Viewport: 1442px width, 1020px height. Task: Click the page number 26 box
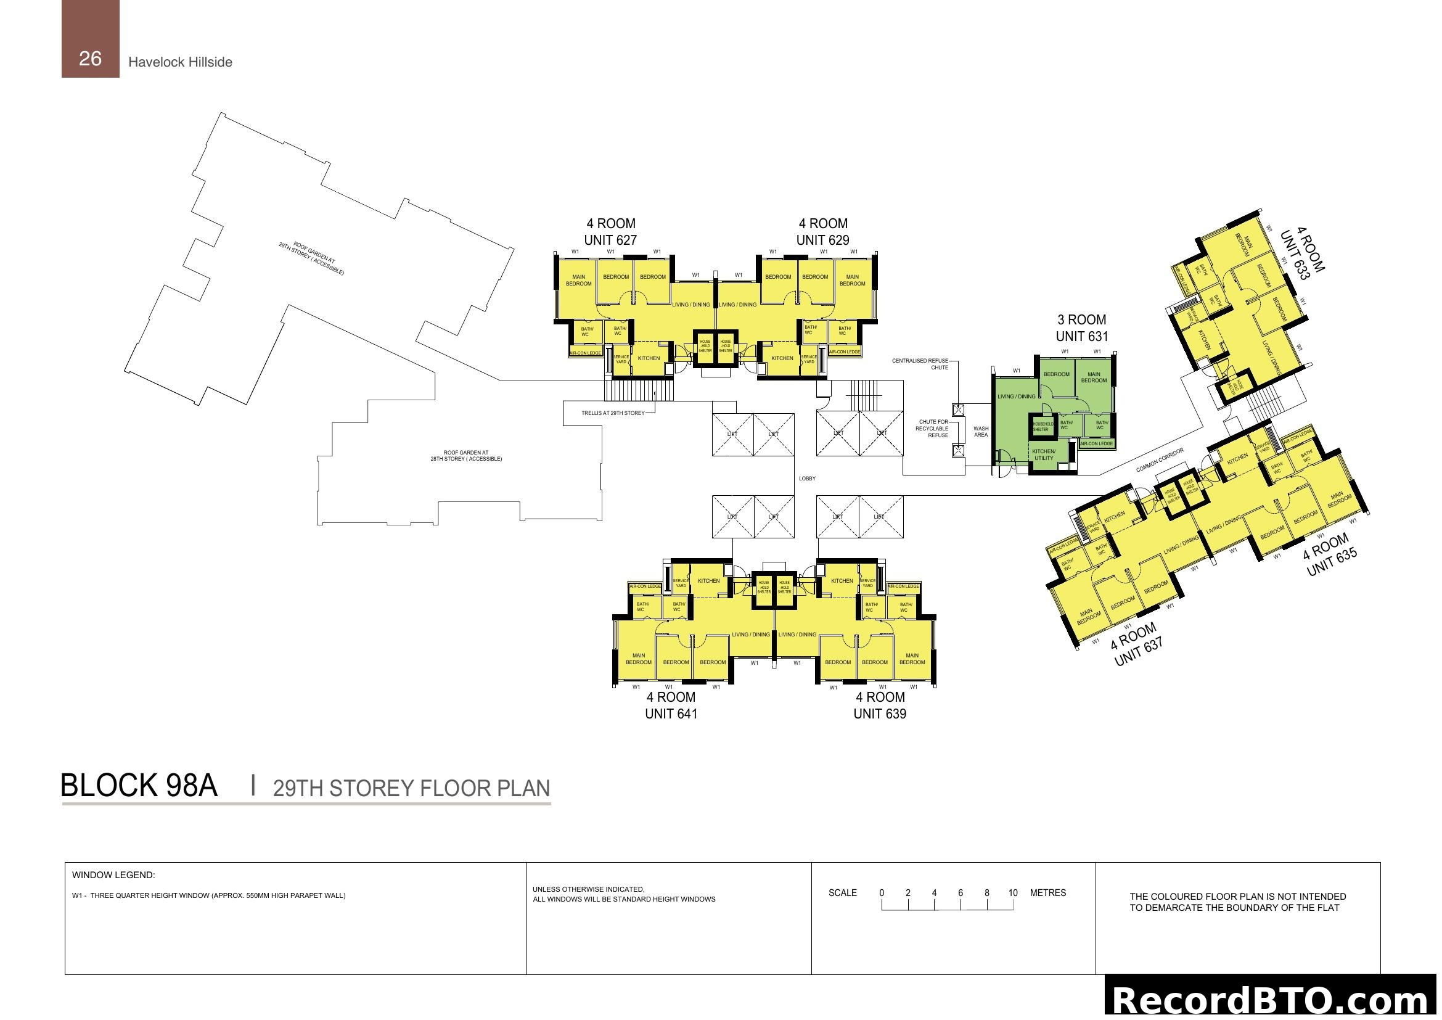coord(90,39)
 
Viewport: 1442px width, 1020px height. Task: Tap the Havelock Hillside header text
coord(180,62)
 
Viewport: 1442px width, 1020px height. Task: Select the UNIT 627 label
coord(610,240)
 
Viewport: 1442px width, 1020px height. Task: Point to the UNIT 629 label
coord(823,240)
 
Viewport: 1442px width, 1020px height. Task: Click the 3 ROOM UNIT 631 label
coord(1081,328)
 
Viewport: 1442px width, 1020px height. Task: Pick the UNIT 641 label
coord(671,714)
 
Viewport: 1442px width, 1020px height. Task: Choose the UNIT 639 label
coord(879,714)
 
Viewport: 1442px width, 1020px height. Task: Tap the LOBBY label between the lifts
coord(807,479)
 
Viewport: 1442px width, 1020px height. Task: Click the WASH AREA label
coord(980,432)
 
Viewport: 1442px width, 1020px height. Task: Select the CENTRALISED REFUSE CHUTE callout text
coord(920,364)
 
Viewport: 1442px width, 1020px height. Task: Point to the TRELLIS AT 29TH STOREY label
coord(613,413)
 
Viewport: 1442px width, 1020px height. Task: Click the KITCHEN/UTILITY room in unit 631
coord(1044,454)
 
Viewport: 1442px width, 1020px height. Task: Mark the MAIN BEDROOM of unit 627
coord(578,280)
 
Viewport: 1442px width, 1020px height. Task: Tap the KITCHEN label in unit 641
coord(708,581)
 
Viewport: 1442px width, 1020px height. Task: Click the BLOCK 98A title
coord(139,786)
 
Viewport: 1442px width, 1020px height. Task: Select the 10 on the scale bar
coord(1012,893)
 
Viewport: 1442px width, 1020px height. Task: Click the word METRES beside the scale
coord(1047,893)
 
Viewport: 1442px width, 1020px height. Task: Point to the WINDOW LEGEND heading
coord(113,875)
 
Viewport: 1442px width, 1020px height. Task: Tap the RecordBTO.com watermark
coord(1272,1000)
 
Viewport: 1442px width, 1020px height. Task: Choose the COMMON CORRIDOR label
coord(1160,460)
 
